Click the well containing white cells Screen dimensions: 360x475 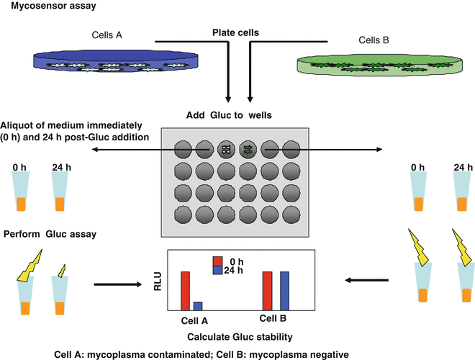point(226,149)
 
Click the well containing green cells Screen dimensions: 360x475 point(248,149)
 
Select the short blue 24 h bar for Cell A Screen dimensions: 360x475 point(197,305)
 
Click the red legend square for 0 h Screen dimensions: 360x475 point(217,261)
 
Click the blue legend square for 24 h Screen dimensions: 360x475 point(217,271)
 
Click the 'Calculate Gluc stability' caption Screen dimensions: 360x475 point(237,336)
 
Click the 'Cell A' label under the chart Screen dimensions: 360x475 point(192,320)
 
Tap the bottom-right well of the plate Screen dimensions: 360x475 point(291,214)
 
